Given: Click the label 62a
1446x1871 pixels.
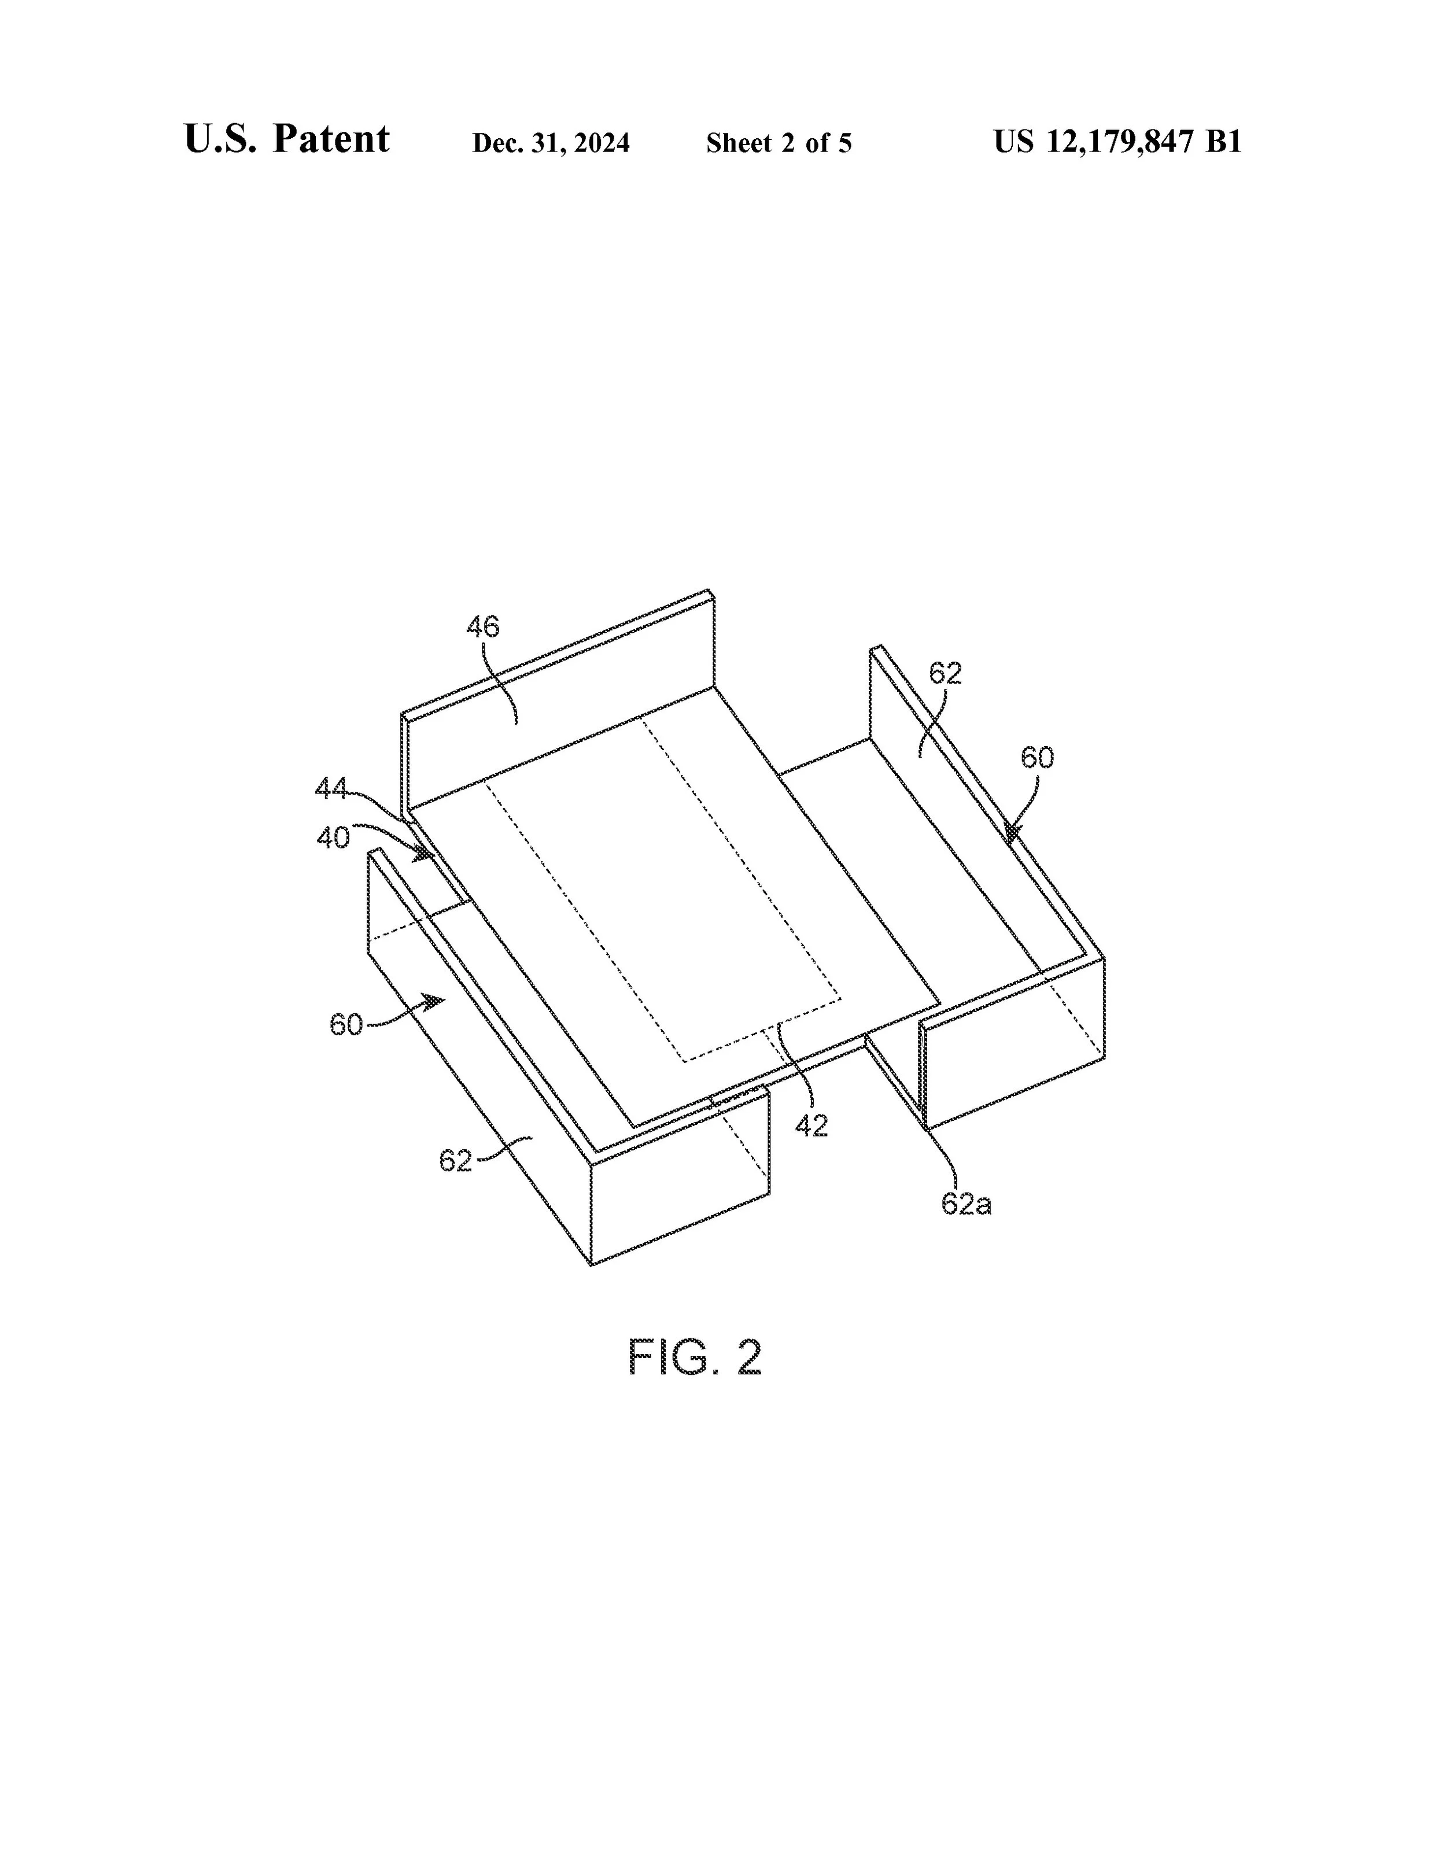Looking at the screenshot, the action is coord(967,1204).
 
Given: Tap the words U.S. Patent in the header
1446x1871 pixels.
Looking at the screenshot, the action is coord(286,139).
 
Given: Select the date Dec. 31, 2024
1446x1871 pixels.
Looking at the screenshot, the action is coord(551,143).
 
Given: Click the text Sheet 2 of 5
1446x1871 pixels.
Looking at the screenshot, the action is coord(779,143).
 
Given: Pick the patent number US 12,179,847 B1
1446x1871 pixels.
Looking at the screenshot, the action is coord(1117,141).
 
